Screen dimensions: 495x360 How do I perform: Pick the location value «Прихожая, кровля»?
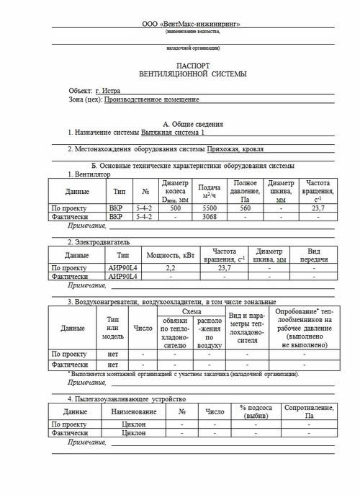232,149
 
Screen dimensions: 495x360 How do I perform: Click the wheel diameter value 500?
174,207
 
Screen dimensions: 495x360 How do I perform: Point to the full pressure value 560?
246,207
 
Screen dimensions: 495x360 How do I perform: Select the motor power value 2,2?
171,267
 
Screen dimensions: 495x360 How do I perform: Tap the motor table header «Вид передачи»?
314,255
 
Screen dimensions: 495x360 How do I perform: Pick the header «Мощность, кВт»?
171,255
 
